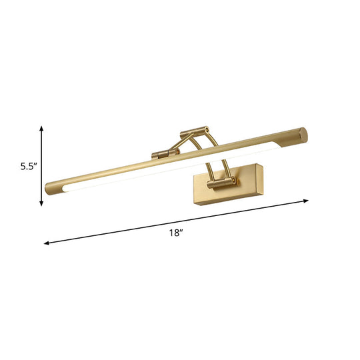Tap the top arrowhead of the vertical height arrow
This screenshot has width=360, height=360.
(x=42, y=129)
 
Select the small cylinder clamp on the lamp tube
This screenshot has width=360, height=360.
(x=159, y=154)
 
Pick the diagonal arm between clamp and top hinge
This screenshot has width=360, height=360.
(x=179, y=143)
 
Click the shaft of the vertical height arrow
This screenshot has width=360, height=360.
(x=42, y=166)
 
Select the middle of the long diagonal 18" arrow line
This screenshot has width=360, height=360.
(x=177, y=222)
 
